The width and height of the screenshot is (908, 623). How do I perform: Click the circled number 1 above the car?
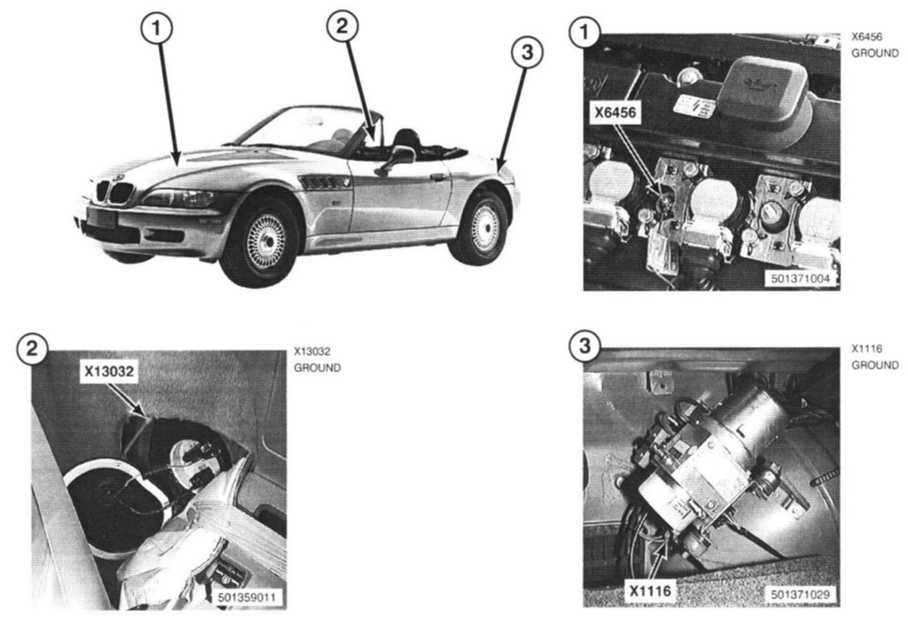click(x=156, y=28)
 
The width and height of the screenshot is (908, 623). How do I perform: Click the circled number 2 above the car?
click(x=342, y=26)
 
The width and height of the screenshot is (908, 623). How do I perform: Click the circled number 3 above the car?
click(x=527, y=52)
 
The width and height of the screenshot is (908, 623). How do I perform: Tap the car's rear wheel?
click(x=481, y=228)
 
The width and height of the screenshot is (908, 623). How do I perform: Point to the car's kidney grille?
click(x=115, y=193)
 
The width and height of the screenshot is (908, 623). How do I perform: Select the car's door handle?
click(x=437, y=177)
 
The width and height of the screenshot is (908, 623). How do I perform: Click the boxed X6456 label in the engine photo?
click(x=615, y=112)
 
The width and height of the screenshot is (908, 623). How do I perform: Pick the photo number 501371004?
click(x=800, y=279)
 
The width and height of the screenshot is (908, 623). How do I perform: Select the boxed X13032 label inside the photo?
click(x=109, y=371)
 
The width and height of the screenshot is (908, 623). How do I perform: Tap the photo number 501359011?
click(x=247, y=598)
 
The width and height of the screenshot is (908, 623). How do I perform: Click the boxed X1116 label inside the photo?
click(x=650, y=591)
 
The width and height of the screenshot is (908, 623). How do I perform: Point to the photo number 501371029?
click(x=800, y=594)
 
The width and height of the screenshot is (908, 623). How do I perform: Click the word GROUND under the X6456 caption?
click(x=875, y=53)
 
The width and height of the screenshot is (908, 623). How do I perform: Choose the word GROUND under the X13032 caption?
click(x=318, y=368)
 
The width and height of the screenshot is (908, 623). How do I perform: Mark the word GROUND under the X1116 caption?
click(x=875, y=365)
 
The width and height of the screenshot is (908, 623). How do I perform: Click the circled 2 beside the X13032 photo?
click(x=33, y=348)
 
